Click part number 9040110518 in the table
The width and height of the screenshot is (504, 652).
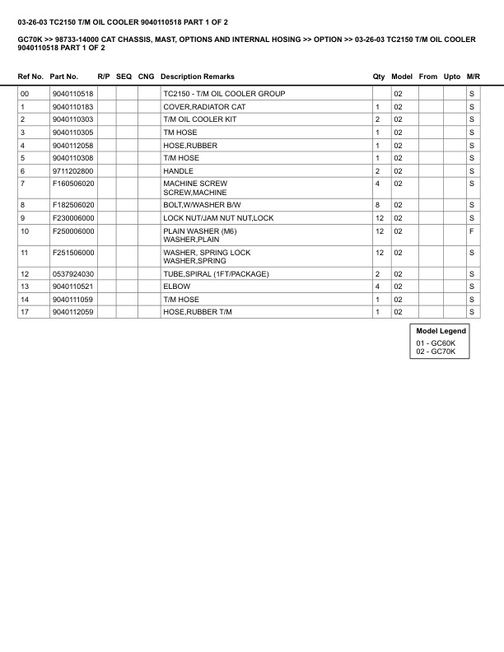72,94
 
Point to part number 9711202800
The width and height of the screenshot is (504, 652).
72,170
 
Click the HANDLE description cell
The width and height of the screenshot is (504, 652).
178,170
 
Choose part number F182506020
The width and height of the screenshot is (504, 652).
73,204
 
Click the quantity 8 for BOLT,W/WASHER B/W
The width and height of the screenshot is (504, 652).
377,204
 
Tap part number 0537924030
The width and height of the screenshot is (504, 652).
72,273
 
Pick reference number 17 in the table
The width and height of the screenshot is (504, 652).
25,312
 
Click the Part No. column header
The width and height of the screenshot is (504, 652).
64,77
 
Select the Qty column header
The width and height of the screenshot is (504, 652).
379,77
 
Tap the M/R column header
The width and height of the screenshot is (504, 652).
473,77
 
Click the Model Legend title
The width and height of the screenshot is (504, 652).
441,331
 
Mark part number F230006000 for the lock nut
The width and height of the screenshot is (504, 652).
72,217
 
